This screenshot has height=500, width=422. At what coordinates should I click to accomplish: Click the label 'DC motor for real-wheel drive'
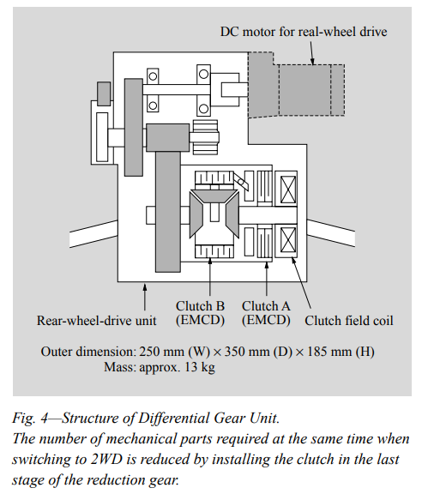(304, 32)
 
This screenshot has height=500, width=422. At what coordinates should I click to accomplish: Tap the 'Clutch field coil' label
(349, 321)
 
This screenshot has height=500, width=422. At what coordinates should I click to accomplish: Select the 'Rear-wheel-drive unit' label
(96, 321)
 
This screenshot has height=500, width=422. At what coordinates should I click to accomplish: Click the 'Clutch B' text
(201, 306)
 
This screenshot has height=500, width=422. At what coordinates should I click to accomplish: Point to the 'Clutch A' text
(266, 306)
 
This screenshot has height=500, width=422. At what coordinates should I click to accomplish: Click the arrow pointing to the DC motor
(312, 52)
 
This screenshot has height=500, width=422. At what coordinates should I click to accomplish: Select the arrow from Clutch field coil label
(301, 283)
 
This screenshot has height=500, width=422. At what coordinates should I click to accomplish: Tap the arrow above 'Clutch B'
(209, 276)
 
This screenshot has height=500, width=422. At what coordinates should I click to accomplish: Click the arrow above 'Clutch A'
(267, 278)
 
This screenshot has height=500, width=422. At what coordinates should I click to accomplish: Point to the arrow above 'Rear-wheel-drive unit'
(145, 297)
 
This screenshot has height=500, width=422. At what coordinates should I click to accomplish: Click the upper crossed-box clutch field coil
(288, 190)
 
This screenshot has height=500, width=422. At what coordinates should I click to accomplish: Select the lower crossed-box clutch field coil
(288, 240)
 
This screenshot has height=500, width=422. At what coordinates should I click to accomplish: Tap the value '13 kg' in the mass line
(200, 367)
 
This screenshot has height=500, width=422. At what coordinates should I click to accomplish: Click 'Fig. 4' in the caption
(30, 419)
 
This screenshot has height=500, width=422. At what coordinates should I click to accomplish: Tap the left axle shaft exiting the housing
(93, 234)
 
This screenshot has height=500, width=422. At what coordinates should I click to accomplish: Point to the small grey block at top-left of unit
(104, 93)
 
